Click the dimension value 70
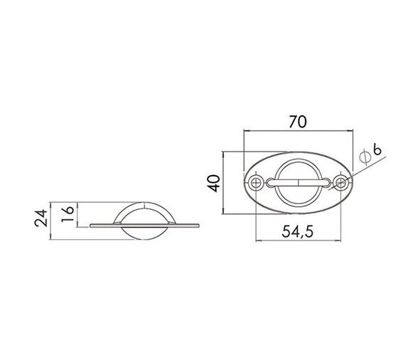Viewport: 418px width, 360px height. (298, 122)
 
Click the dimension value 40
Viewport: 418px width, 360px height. (214, 184)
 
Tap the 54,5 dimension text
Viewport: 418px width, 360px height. (297, 232)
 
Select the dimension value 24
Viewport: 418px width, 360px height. (41, 218)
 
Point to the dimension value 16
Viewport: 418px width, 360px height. (67, 213)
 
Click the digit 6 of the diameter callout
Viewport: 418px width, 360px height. (377, 149)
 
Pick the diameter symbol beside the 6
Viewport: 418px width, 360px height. (365, 157)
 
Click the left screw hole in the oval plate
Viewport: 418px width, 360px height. (256, 183)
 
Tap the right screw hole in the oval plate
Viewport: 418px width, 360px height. (341, 183)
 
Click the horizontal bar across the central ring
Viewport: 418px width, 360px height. (299, 183)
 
